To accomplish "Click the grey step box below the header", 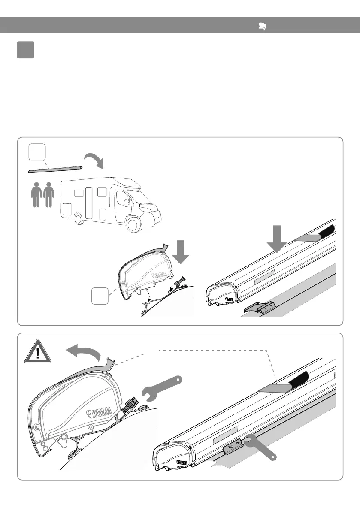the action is point(25,50).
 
